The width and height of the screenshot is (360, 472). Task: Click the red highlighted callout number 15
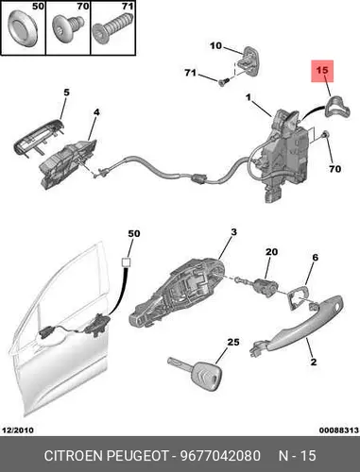tap(322, 70)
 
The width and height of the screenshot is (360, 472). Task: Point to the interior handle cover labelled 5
tap(39, 136)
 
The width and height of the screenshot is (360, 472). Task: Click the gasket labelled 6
tap(297, 297)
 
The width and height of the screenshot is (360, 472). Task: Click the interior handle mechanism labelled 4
tap(67, 164)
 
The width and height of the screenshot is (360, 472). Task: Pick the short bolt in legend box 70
tap(68, 28)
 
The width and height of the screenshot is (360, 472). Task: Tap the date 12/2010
tap(18, 430)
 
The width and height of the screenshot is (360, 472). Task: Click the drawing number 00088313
tap(339, 430)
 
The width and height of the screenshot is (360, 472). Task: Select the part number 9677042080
tap(220, 456)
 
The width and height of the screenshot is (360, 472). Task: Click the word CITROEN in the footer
tap(74, 456)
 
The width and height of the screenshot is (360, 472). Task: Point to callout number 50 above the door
tap(134, 234)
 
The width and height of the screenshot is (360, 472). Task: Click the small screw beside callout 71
tap(223, 82)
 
